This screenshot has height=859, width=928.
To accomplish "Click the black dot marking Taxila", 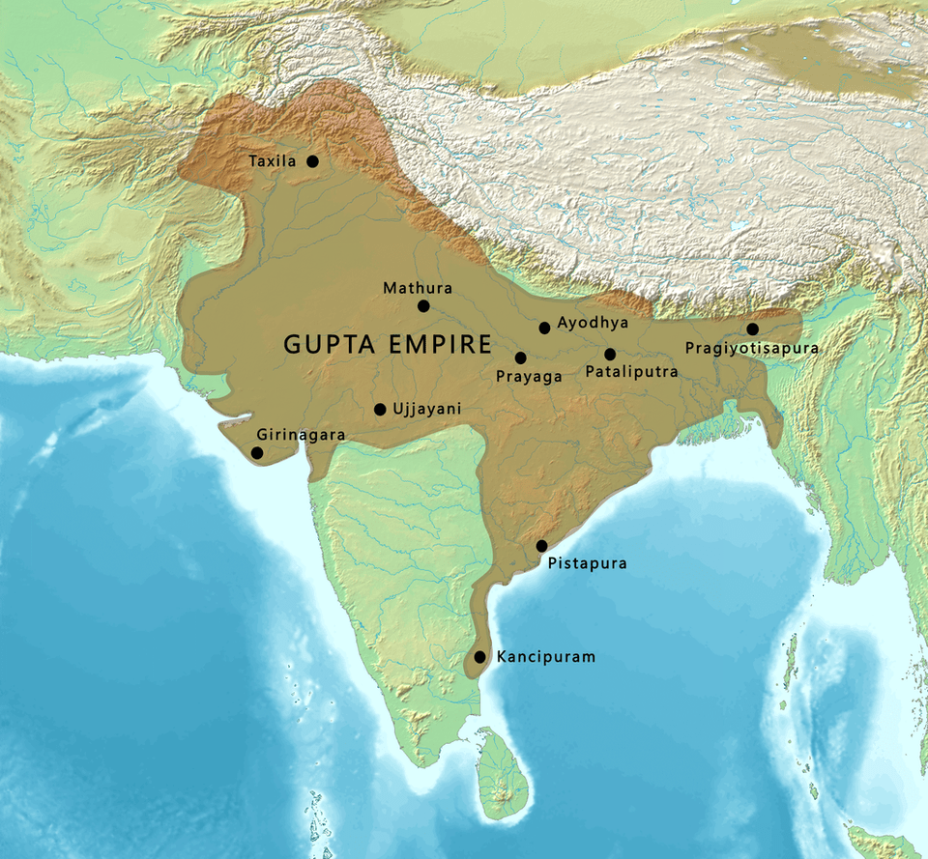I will click(x=312, y=161).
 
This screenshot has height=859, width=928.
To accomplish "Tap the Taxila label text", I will click(x=272, y=162).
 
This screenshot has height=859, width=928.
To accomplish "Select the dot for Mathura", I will click(x=423, y=306).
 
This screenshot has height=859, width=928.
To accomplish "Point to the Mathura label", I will click(x=418, y=288).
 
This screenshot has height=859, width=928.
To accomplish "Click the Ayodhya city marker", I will click(x=545, y=329).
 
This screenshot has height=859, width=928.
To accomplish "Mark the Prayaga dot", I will click(x=521, y=358).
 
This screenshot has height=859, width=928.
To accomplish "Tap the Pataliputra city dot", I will click(x=610, y=355).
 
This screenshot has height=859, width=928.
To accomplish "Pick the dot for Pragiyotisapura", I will click(x=752, y=329).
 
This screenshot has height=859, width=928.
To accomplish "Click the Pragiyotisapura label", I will click(x=752, y=348).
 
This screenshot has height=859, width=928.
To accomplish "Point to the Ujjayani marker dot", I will click(x=380, y=410).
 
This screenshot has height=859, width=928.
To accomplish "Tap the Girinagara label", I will click(x=300, y=436).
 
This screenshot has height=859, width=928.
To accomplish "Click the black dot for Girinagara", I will click(x=257, y=452).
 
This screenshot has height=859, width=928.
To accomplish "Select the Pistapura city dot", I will click(x=542, y=546).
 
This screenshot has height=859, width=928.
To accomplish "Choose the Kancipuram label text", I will click(x=546, y=657).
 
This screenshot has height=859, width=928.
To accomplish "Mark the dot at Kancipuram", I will click(x=479, y=657).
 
